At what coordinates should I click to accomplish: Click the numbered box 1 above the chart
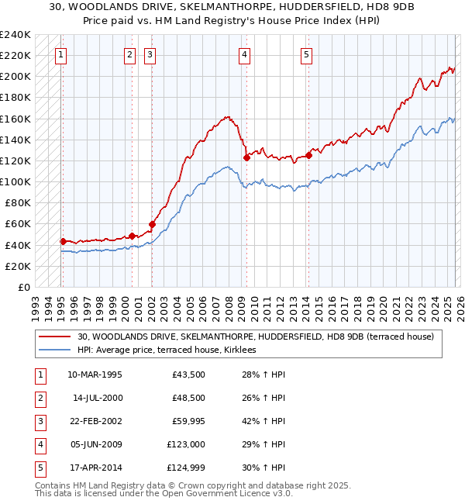pyautogui.click(x=60, y=54)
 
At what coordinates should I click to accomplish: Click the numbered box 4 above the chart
pyautogui.click(x=244, y=54)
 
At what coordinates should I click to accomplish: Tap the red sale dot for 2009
pyautogui.click(x=246, y=157)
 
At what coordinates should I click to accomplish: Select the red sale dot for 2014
pyautogui.click(x=308, y=155)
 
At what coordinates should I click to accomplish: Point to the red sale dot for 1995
pyautogui.click(x=63, y=241)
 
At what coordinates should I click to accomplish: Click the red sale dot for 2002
pyautogui.click(x=152, y=224)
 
